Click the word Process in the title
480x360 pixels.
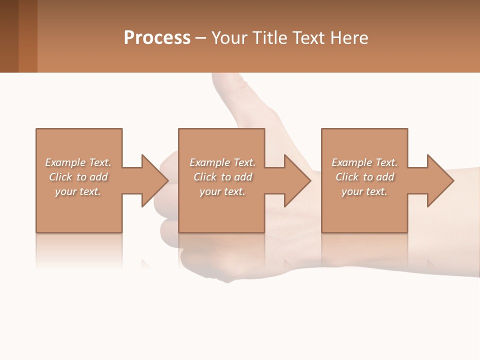coord(157,38)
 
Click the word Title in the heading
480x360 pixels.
coord(268,38)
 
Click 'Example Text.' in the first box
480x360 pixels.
coord(78,162)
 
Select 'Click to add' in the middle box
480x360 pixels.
coord(223,177)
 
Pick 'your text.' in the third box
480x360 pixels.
coord(364,191)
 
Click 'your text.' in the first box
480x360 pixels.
coord(78,191)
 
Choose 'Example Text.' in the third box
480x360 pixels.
coord(364,162)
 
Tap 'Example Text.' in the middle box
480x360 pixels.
coord(223,162)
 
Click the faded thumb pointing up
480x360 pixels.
coord(235,90)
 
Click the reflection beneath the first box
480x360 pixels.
coord(78,250)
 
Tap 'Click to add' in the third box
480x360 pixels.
coord(364,177)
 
